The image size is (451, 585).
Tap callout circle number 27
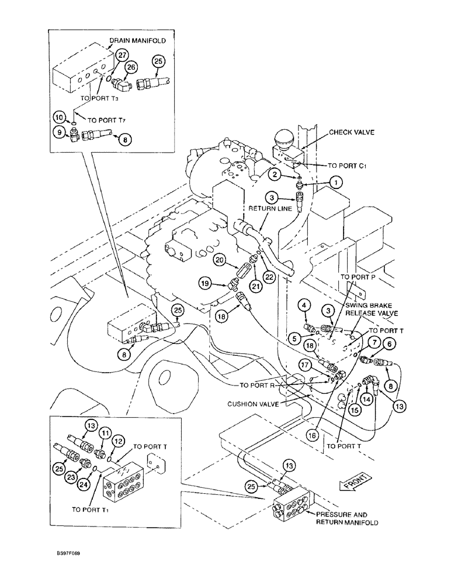(121, 55)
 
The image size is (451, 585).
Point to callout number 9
(58, 133)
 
